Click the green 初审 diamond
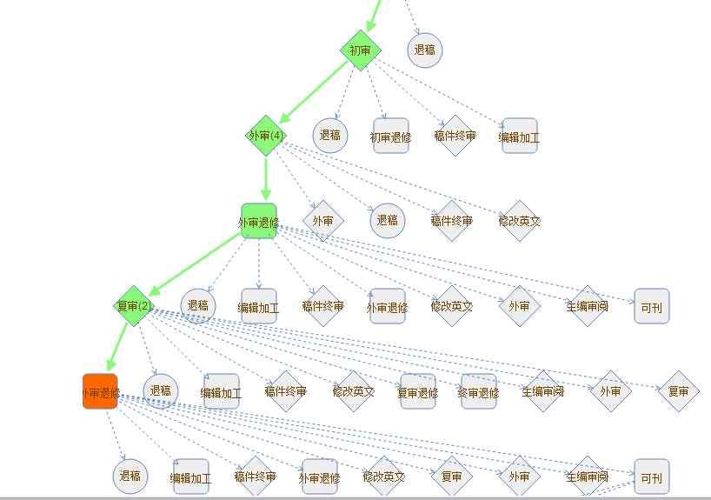[361, 50]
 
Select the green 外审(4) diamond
[266, 136]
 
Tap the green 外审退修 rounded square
[258, 222]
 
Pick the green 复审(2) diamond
[134, 306]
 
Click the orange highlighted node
[100, 391]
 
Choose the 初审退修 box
[390, 137]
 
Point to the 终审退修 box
[478, 392]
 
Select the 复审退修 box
[417, 392]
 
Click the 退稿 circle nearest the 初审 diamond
[424, 50]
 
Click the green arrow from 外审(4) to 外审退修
[265, 179]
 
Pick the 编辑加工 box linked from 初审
[519, 137]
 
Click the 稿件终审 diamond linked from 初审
[455, 137]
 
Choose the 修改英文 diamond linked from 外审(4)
[520, 221]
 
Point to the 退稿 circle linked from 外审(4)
[388, 221]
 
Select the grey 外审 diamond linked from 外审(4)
[322, 221]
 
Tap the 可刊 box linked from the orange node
[651, 477]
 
